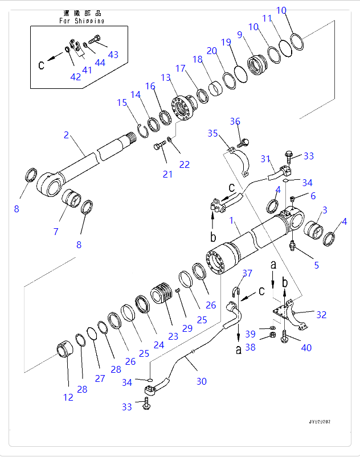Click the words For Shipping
[x=81, y=20]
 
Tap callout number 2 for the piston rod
[x=67, y=135]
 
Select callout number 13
[x=166, y=77]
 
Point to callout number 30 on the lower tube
[x=202, y=381]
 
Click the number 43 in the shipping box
[x=113, y=55]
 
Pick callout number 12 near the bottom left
[x=68, y=397]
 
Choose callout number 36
[x=235, y=121]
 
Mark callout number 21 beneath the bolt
[x=167, y=174]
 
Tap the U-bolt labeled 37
[x=238, y=294]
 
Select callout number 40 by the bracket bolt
[x=306, y=348]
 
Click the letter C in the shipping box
[x=42, y=65]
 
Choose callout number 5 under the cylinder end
[x=316, y=265]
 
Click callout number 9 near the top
[x=240, y=35]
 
